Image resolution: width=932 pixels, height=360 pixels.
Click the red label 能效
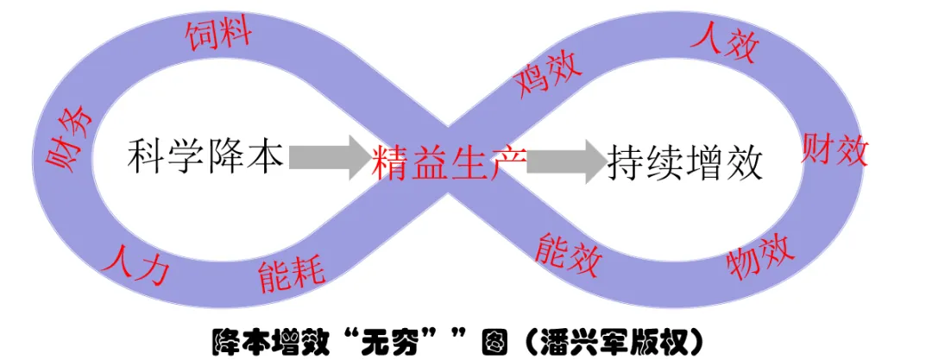coord(567,249)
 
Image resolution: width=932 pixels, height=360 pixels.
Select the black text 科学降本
coord(205,156)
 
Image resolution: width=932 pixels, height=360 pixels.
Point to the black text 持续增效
coord(685,161)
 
